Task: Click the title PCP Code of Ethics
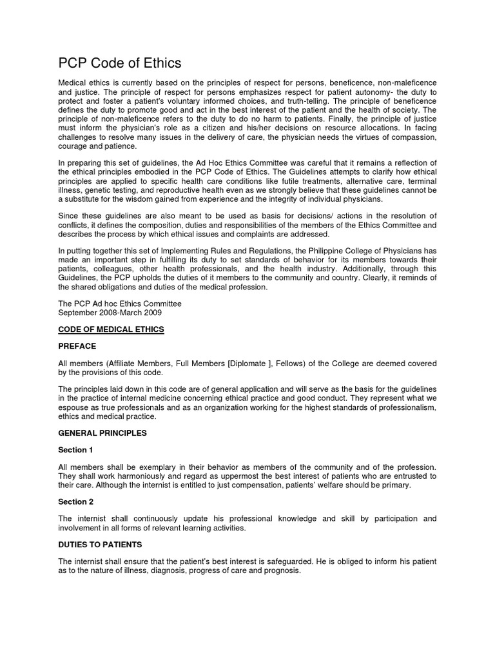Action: click(x=120, y=63)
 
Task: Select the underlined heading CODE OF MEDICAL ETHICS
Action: click(x=112, y=329)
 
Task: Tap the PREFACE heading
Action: click(x=77, y=346)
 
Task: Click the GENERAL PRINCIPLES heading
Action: click(x=102, y=433)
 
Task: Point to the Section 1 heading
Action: click(x=76, y=450)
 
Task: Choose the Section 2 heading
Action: click(x=76, y=501)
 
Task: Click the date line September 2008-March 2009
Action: click(x=111, y=313)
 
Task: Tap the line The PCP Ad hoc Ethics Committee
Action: click(x=120, y=304)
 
